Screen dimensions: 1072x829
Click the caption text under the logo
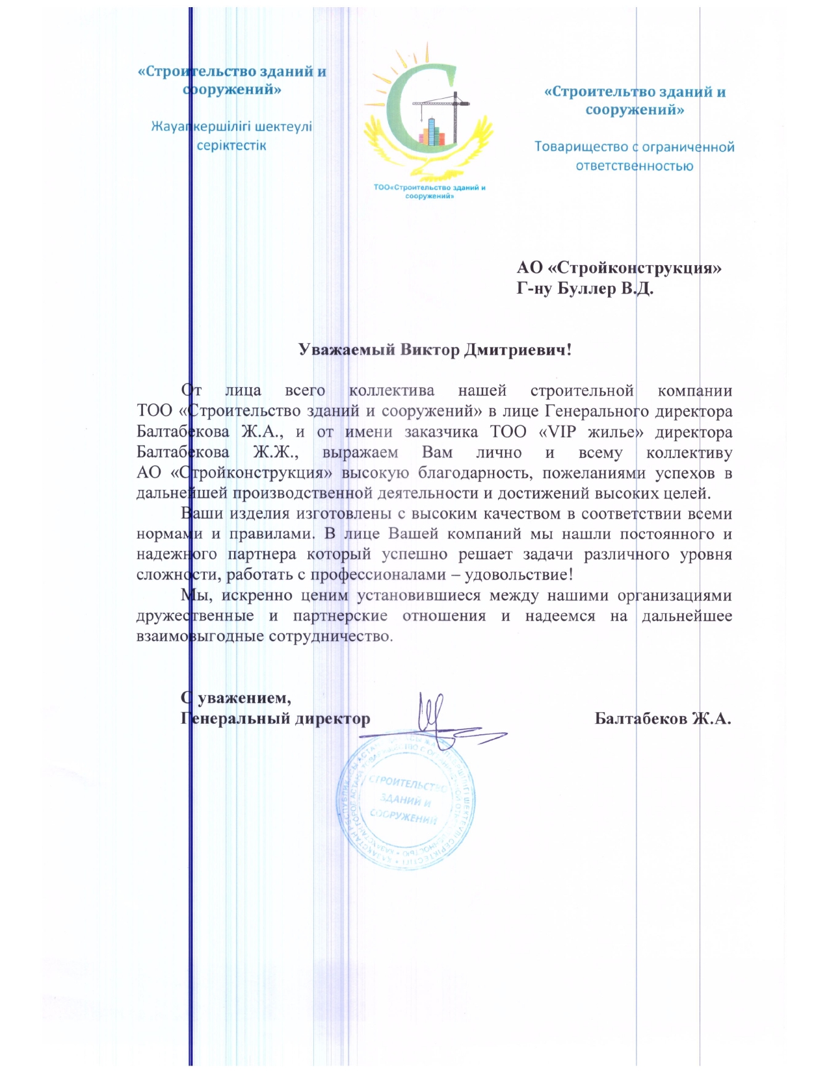pos(429,192)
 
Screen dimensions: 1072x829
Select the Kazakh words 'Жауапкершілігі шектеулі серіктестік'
pos(231,136)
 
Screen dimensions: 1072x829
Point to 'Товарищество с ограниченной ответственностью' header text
pos(634,156)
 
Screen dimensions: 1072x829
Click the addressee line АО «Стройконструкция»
pos(619,268)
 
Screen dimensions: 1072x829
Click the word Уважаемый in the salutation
pos(347,350)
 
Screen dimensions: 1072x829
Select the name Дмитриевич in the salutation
pos(518,350)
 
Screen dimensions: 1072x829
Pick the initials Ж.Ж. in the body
pos(275,453)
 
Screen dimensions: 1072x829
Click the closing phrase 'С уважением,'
pos(236,698)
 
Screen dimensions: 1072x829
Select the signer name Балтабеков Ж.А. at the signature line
pos(663,719)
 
